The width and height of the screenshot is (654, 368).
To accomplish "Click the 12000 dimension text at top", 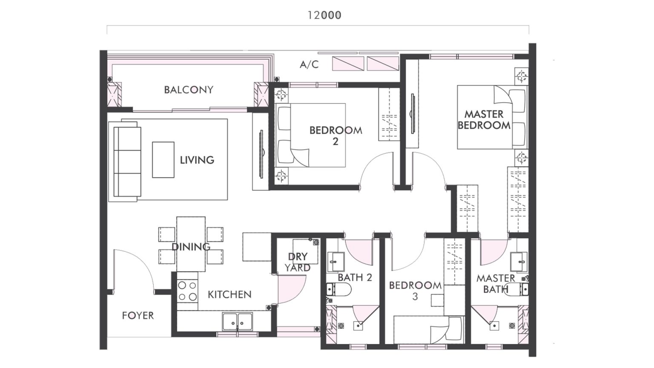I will click(x=324, y=15).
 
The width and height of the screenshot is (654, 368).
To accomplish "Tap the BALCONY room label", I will click(x=189, y=90).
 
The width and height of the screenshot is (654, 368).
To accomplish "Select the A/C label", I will click(x=309, y=65).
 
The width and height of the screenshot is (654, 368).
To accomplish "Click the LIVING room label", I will click(x=197, y=160).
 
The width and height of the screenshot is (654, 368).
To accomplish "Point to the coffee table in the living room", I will click(x=163, y=160).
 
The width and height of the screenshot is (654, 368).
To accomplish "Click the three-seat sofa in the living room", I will click(x=127, y=161).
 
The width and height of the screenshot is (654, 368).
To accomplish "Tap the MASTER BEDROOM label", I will click(x=484, y=120).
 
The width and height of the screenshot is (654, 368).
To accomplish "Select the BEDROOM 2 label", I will click(x=336, y=135).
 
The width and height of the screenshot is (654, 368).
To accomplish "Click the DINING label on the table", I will click(x=191, y=247).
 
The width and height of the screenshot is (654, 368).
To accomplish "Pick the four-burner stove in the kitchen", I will click(x=187, y=291).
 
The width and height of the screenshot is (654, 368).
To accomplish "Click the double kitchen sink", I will click(x=237, y=321).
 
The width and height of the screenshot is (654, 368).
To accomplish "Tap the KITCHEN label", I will click(x=229, y=294).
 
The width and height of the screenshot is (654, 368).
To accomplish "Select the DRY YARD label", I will click(x=298, y=262).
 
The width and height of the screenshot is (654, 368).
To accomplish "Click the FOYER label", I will click(x=138, y=316).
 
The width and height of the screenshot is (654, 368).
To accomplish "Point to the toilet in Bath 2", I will click(x=339, y=290).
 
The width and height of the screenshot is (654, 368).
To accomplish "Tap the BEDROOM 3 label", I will click(x=415, y=290).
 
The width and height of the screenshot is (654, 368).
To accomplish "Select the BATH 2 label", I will click(x=355, y=278).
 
